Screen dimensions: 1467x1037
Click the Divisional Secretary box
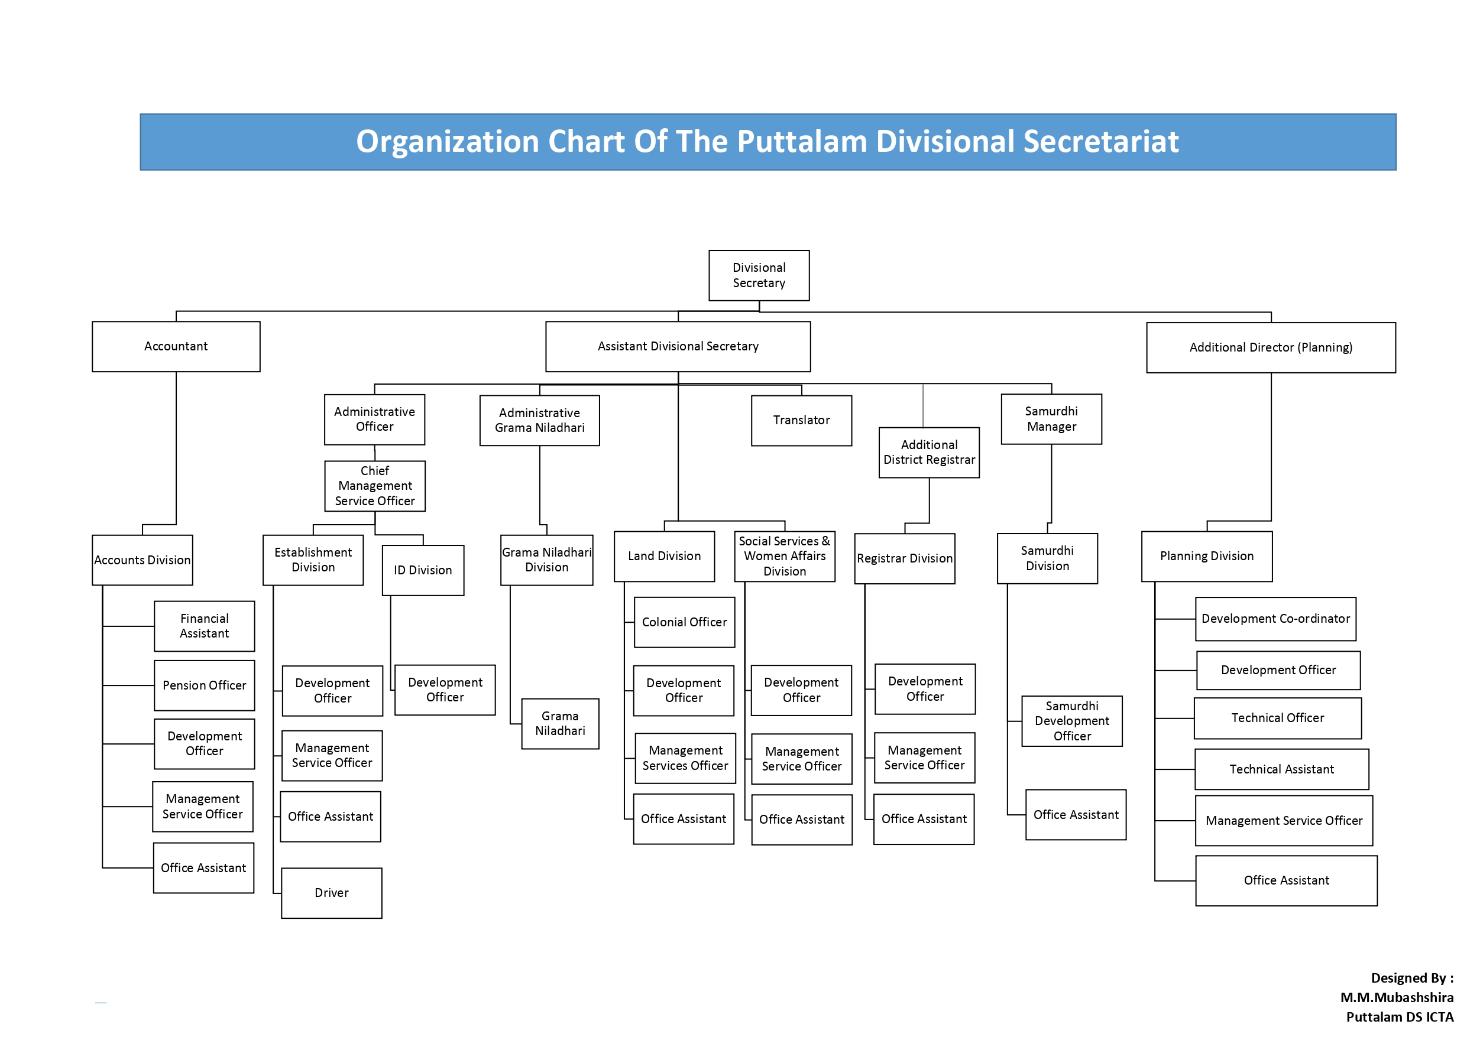click(759, 275)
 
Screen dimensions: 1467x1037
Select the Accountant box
click(176, 346)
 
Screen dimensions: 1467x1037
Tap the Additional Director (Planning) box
click(1271, 347)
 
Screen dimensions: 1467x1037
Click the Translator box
click(801, 420)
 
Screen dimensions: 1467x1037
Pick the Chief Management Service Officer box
click(374, 486)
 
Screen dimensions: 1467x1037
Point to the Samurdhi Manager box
click(1051, 419)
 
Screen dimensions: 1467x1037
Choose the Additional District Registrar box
click(929, 452)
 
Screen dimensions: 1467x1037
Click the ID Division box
click(423, 570)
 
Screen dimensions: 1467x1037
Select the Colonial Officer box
click(684, 622)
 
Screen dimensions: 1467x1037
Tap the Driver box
click(332, 893)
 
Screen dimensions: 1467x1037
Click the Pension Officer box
click(205, 685)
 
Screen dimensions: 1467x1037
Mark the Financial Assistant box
click(205, 626)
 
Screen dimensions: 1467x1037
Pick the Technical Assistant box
click(1282, 769)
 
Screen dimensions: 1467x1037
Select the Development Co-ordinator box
click(1275, 619)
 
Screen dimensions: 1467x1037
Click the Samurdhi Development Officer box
click(1072, 721)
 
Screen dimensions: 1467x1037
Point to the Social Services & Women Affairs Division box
click(785, 556)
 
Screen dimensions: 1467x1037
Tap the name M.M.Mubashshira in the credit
click(1397, 997)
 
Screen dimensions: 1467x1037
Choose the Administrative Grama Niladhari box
click(539, 420)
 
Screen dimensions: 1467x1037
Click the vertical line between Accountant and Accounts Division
click(176, 448)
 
